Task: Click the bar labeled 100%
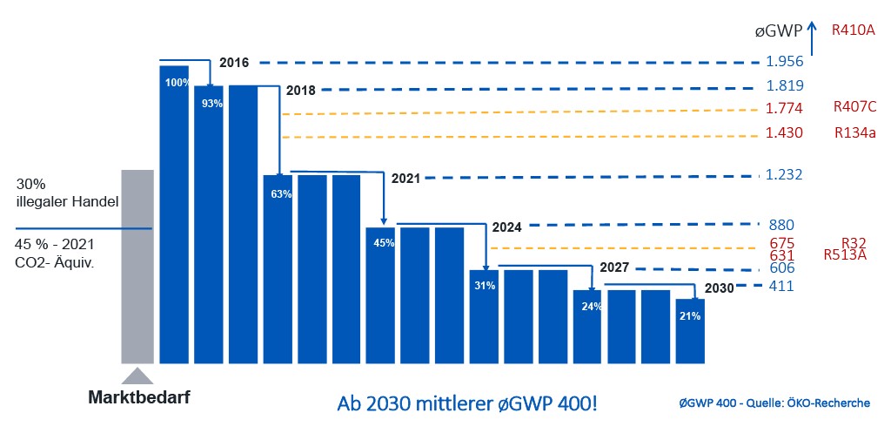[x=174, y=213]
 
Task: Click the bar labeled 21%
[x=690, y=331]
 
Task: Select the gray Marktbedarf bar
[x=137, y=266]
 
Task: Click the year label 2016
[x=234, y=63]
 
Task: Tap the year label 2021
[x=406, y=178]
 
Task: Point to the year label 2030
[x=720, y=288]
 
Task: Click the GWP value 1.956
[x=785, y=62]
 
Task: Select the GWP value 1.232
[x=785, y=175]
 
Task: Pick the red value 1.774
[x=785, y=110]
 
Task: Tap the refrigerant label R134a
[x=854, y=133]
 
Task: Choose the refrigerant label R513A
[x=844, y=256]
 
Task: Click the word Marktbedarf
[x=139, y=397]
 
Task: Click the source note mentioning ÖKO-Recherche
[x=774, y=403]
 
